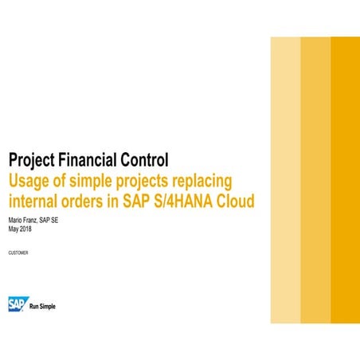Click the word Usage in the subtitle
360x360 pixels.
(x=29, y=179)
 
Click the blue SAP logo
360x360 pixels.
(x=17, y=303)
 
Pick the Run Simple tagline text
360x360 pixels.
(x=42, y=306)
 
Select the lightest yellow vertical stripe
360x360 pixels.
(x=285, y=179)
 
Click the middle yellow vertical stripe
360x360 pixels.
(x=315, y=179)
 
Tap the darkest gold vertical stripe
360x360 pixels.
(x=345, y=179)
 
